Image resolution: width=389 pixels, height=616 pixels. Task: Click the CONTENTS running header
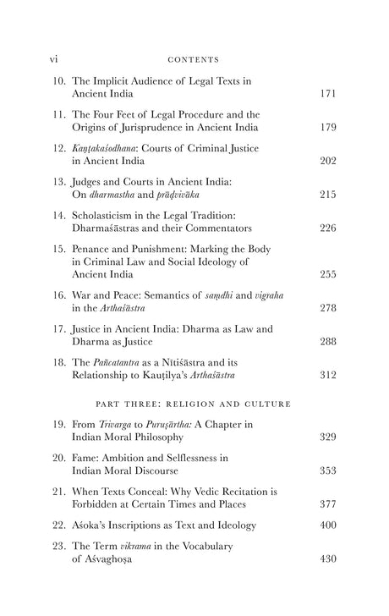point(194,60)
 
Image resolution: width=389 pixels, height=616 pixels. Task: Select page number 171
point(329,94)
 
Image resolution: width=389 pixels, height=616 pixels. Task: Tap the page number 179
point(329,128)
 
